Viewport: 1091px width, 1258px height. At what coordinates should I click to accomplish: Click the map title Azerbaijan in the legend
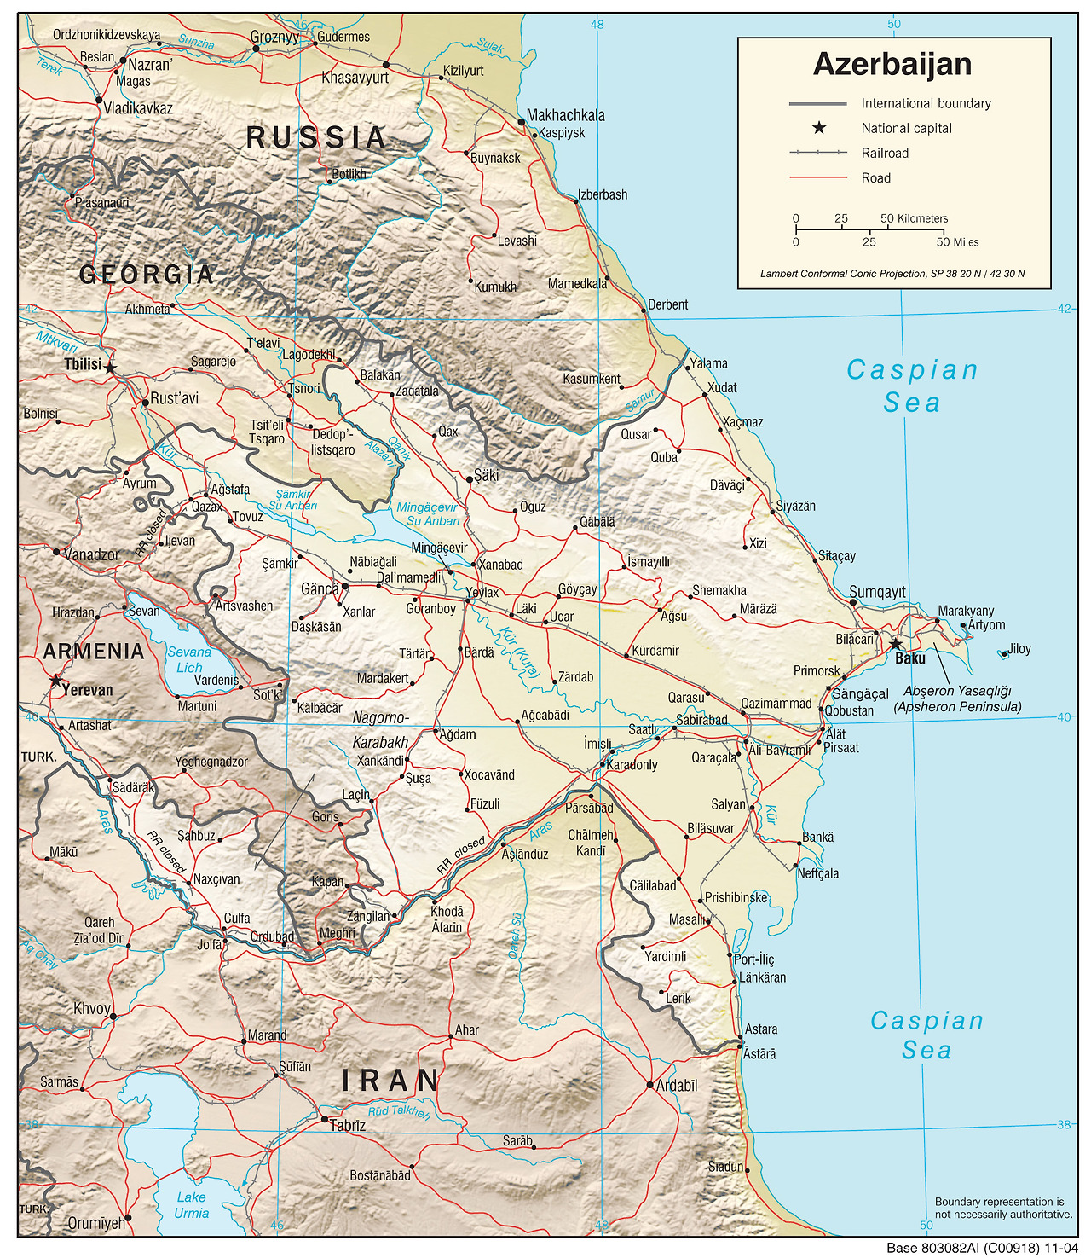892,65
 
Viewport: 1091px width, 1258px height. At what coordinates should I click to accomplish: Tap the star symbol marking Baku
895,644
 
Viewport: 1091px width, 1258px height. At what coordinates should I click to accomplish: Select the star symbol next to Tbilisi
110,368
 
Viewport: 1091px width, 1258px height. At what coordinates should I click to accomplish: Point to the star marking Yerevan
55,681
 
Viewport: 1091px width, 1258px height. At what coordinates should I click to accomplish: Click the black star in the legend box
818,128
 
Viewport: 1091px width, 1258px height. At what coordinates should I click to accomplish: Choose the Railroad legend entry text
885,154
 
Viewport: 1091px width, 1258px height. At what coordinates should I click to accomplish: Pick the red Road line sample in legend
818,178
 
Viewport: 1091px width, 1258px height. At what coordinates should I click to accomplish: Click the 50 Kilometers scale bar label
914,218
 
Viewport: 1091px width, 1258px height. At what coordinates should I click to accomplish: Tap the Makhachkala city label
565,115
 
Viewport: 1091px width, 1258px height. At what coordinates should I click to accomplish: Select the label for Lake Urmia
191,1205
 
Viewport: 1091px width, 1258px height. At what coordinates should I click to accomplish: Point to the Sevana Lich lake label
189,660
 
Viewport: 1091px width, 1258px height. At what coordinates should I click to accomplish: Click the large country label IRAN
390,1081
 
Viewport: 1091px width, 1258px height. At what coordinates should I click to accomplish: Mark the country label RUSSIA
316,137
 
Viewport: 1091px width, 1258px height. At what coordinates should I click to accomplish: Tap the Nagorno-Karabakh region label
380,730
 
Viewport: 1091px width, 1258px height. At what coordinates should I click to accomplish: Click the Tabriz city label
348,1126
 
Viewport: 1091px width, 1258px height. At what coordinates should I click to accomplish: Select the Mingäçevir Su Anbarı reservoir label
428,513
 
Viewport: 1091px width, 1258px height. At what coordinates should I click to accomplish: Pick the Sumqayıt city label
877,592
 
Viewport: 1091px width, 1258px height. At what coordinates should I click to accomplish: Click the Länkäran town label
762,977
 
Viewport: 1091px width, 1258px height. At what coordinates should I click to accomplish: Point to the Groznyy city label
274,38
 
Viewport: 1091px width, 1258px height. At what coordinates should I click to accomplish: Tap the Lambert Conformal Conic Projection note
892,274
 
